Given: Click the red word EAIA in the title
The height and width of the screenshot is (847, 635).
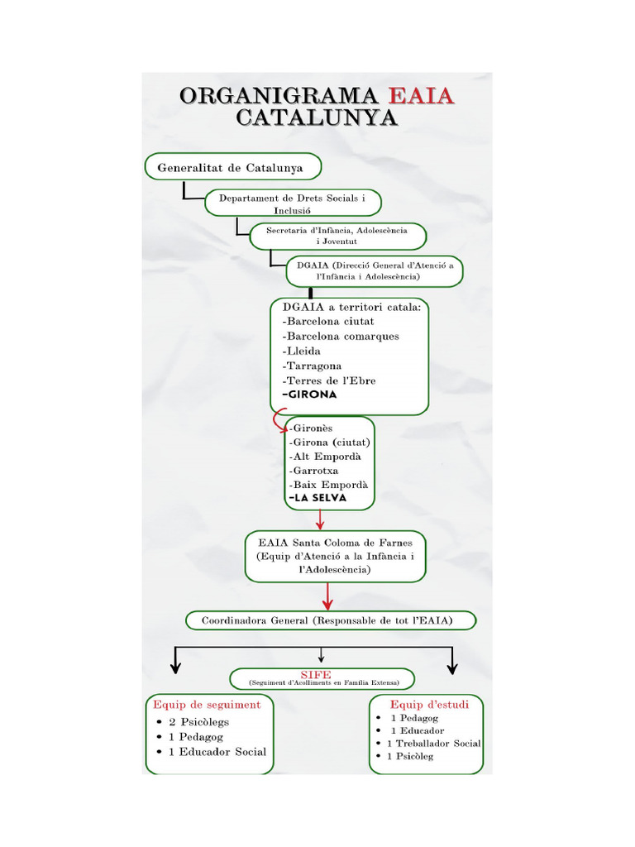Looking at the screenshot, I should [x=421, y=96].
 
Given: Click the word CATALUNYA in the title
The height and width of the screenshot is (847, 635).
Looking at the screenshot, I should [x=317, y=117].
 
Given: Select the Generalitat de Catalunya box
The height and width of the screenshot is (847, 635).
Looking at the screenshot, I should [x=232, y=166].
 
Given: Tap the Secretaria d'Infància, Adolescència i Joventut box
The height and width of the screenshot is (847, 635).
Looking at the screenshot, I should [x=337, y=236].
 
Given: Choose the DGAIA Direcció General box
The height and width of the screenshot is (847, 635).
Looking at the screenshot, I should [x=375, y=271].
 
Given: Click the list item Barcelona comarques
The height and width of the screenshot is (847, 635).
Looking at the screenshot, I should [x=341, y=337].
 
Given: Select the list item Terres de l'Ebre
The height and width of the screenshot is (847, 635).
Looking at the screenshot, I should [x=329, y=380].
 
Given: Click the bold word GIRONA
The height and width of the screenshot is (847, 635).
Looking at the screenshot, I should [x=310, y=395].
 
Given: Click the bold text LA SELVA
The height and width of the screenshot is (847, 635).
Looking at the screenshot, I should [x=317, y=498].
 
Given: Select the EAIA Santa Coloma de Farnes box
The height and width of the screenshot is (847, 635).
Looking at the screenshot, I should [x=335, y=556].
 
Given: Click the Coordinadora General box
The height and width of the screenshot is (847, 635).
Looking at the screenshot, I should [x=328, y=620].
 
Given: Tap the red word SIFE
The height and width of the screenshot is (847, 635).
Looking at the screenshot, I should [x=316, y=675].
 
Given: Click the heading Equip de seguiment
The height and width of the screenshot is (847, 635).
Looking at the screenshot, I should [x=207, y=705].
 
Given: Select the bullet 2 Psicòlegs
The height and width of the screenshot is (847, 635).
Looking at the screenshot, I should [x=198, y=722].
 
